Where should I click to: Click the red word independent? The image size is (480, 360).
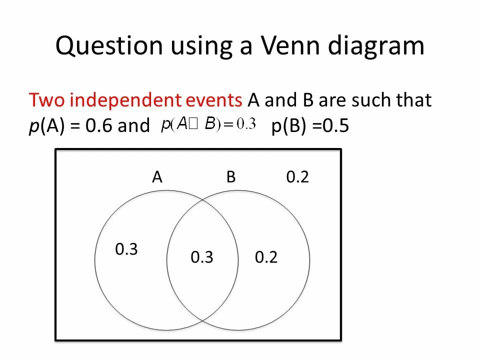tap(154, 100)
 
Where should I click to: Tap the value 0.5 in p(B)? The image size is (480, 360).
tap(336, 126)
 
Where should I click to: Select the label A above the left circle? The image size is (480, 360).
tap(157, 177)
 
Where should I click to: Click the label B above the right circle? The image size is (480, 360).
tap(230, 177)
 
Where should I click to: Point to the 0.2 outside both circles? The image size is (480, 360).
tap(297, 177)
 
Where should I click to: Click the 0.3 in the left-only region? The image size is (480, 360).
tap(126, 249)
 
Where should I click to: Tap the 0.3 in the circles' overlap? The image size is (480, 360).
tap(202, 257)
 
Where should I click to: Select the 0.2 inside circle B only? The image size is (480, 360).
tap(266, 257)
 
